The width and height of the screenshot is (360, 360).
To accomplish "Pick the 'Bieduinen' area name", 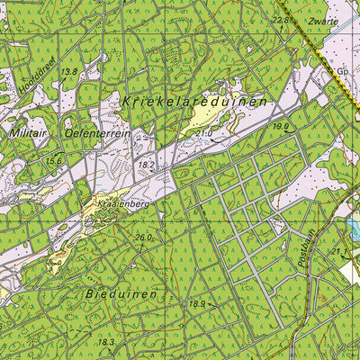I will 123,294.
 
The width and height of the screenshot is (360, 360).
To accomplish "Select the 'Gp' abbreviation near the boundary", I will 342,69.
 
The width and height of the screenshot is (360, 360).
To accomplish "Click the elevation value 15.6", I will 54,160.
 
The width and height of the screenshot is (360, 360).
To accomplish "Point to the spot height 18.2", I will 147,166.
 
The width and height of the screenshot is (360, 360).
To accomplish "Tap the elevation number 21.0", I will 202,133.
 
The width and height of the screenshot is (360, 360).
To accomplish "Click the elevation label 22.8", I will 283,18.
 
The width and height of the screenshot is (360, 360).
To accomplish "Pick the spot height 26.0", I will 143,238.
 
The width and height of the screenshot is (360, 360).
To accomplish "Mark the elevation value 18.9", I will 197,305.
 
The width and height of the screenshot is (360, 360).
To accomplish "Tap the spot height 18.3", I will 106,342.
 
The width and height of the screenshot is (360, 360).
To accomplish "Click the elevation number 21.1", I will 339,253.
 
